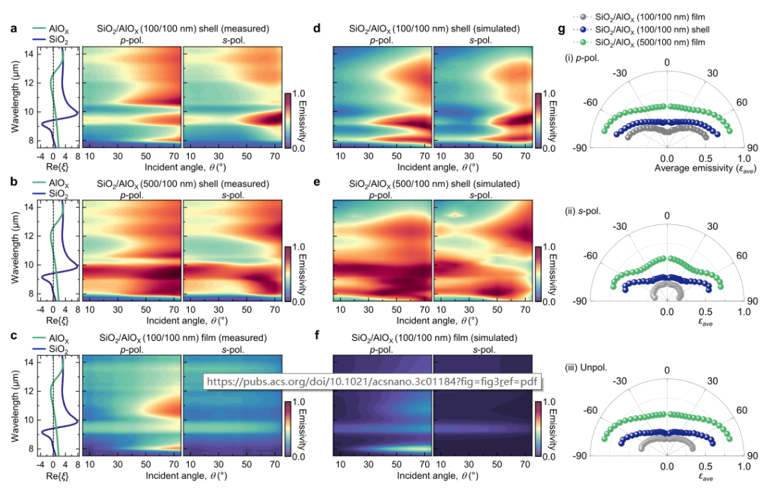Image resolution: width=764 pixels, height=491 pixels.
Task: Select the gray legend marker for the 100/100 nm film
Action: coord(581,16)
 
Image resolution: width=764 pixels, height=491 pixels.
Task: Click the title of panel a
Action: coord(183,29)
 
